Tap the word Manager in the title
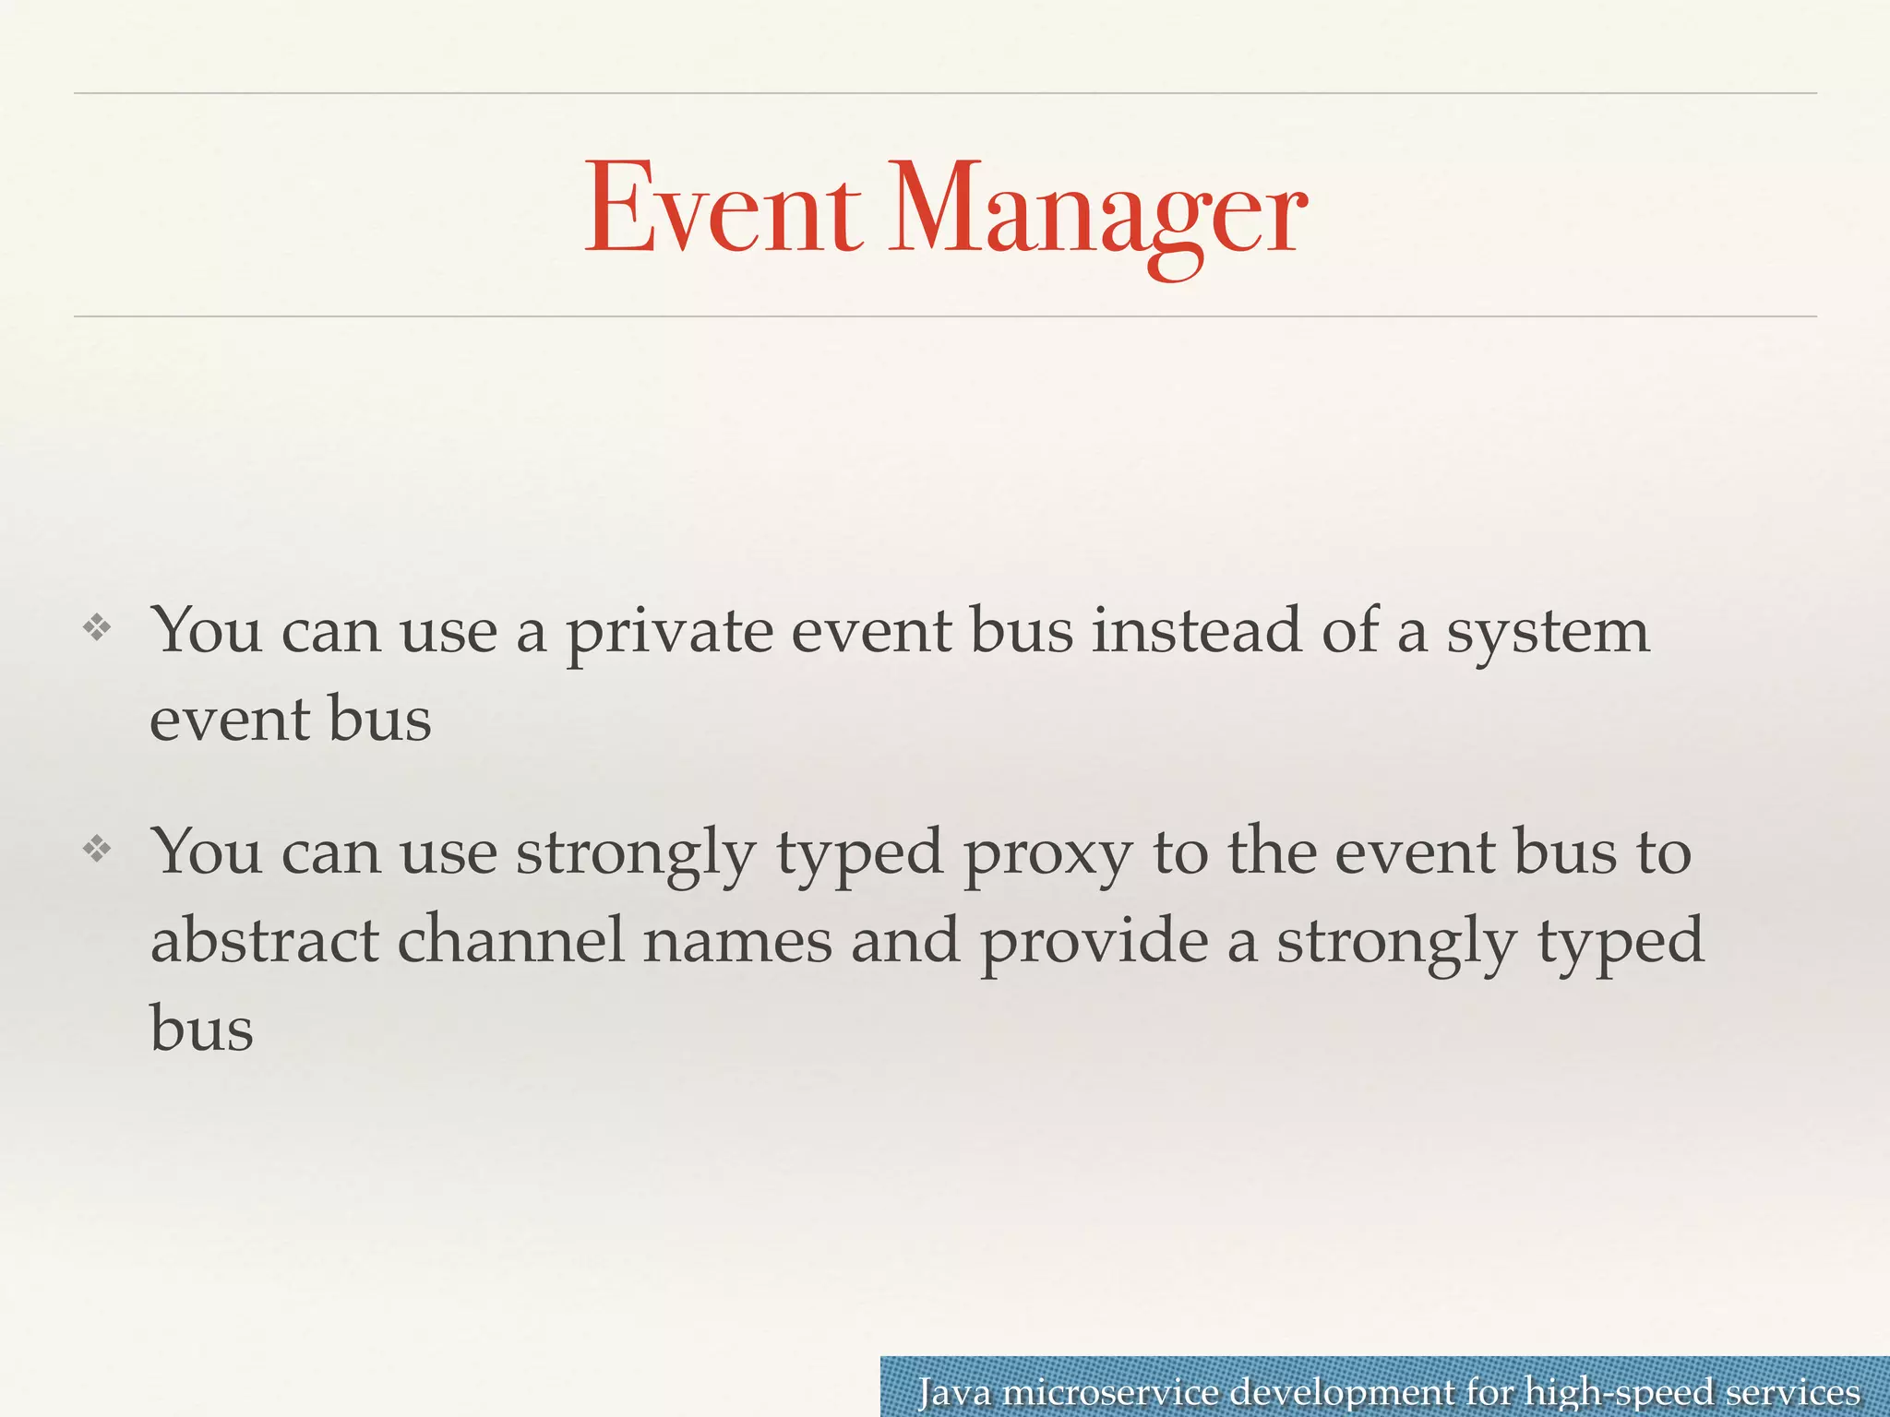point(1096,214)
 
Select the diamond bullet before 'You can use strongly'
point(97,849)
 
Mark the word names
point(737,941)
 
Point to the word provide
point(1095,943)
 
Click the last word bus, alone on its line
point(201,1028)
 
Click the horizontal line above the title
point(945,93)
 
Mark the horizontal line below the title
point(945,316)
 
